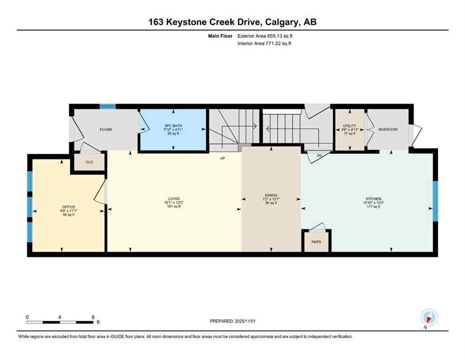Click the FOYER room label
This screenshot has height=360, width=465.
[x=105, y=129]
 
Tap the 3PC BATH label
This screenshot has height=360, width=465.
[x=173, y=126]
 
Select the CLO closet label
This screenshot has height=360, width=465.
[x=89, y=163]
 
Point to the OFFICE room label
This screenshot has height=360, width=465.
[x=68, y=207]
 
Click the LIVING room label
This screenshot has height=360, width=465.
[x=173, y=199]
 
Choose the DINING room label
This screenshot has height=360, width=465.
[x=271, y=195]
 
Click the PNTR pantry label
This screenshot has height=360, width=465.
[x=317, y=243]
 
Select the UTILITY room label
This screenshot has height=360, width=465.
[x=350, y=126]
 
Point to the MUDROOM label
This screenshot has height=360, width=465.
[x=388, y=129]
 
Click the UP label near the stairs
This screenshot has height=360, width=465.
[x=223, y=158]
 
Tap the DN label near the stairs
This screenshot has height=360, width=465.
[x=319, y=155]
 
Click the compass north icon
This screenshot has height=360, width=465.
[x=429, y=317]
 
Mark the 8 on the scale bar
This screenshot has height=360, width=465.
[x=93, y=317]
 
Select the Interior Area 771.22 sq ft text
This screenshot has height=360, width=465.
[x=265, y=44]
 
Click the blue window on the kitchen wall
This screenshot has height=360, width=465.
[x=435, y=201]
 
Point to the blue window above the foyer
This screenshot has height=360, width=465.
[x=108, y=106]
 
